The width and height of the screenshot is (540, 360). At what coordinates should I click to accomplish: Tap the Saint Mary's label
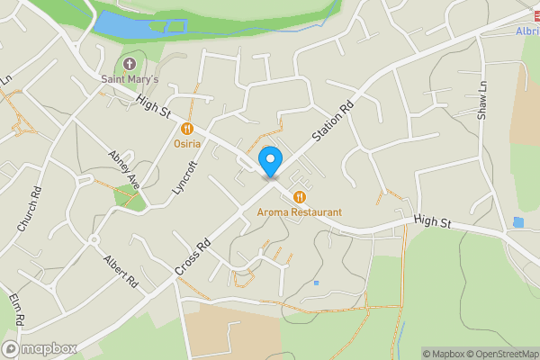129,81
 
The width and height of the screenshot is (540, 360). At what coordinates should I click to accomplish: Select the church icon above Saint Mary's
129,64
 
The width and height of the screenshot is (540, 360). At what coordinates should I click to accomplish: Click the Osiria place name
188,145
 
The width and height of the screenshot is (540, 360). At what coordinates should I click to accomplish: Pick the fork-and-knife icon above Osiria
188,129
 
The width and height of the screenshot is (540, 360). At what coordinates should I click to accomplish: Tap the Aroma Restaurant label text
300,212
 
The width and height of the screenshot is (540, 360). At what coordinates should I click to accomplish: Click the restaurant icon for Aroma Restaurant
300,196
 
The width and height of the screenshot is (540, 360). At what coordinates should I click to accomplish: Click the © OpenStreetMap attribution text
501,354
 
